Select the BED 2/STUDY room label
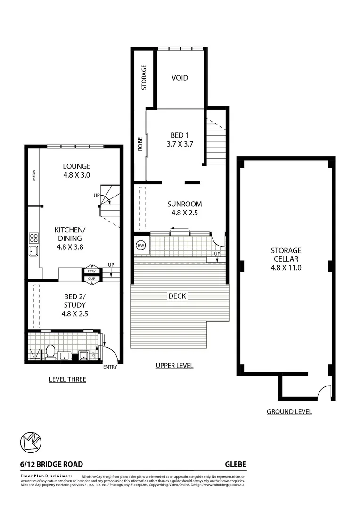75,305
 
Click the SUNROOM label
185,208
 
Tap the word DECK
177,296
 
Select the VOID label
180,78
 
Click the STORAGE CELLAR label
286,259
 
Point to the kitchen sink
33,251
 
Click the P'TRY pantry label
90,271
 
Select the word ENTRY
110,367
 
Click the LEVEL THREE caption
67,379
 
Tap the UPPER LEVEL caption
174,366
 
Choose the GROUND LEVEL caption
289,411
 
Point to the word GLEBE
235,464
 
